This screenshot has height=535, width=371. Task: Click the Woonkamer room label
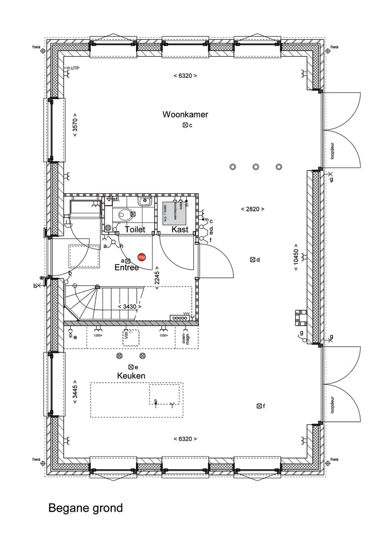point(185,114)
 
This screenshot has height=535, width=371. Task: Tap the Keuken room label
point(131,376)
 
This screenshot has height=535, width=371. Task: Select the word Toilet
point(135,229)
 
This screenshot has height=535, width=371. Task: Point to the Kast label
point(180,229)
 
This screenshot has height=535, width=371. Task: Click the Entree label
point(127,267)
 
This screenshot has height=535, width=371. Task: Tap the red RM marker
point(142,257)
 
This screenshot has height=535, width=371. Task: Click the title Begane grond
point(86,508)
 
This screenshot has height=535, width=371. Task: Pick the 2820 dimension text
point(252,209)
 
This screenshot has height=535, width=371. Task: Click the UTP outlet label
point(75,68)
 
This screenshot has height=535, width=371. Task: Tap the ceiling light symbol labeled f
point(259,406)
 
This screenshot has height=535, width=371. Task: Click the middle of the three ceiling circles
point(256,167)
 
